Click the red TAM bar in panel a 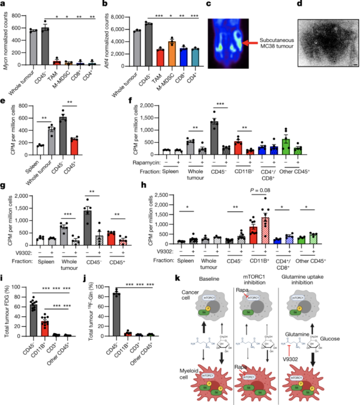pyautogui.click(x=56, y=62)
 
